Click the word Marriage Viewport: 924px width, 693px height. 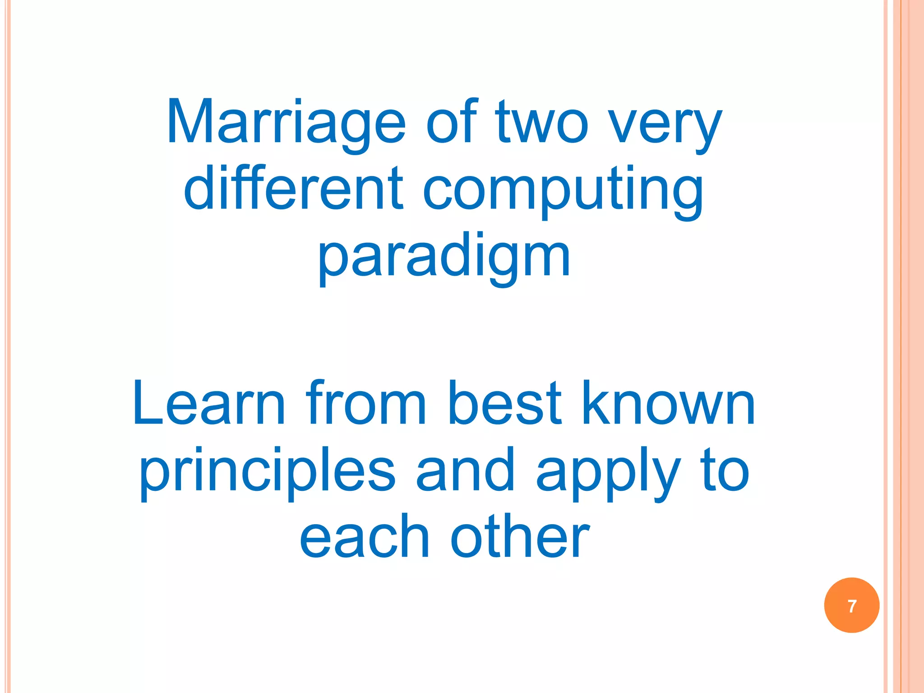click(x=286, y=123)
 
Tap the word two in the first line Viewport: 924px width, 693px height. click(x=541, y=123)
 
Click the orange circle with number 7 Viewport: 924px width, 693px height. click(x=851, y=605)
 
